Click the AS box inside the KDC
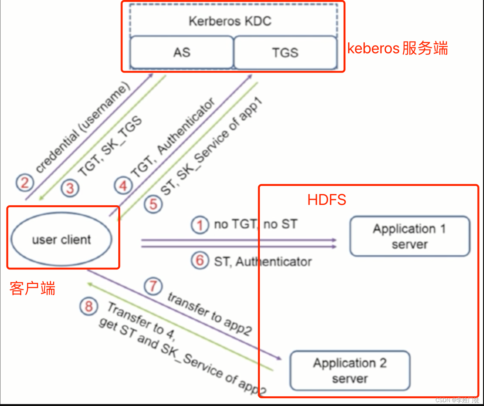tap(182, 52)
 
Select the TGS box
tap(285, 52)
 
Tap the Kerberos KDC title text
tap(230, 21)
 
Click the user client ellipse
tap(61, 240)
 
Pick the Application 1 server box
tap(410, 236)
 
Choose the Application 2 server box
tap(350, 371)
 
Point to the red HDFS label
tap(327, 200)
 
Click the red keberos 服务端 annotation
tap(398, 49)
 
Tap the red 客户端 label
tap(32, 288)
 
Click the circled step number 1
tap(200, 225)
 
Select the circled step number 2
tap(25, 183)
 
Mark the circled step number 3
tap(70, 188)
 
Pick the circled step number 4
tap(123, 186)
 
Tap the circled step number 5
tap(153, 204)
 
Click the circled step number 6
tap(200, 260)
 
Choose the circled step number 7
tap(153, 286)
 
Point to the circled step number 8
tap(89, 306)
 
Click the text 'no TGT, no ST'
tap(256, 224)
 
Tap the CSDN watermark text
tap(457, 400)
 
